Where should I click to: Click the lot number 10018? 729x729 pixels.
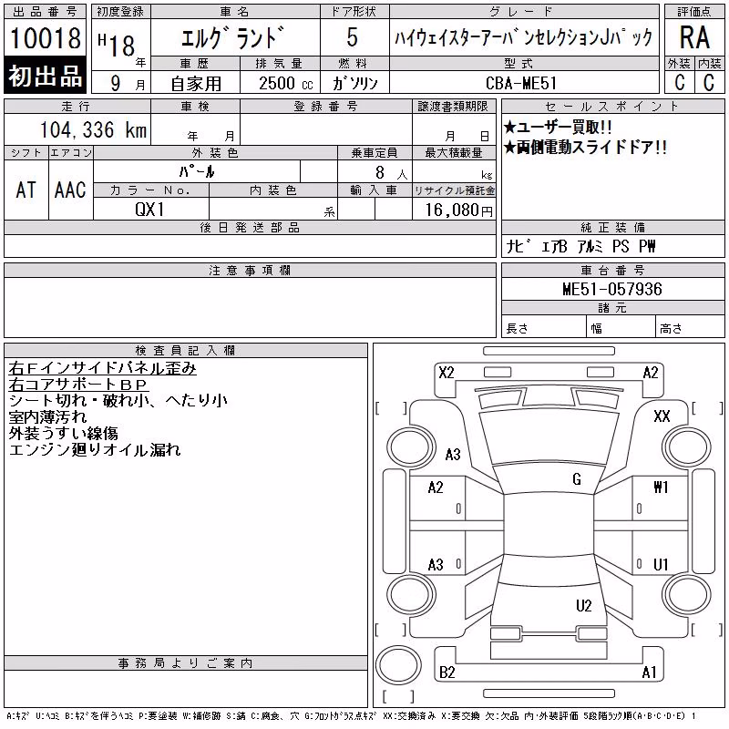coord(46,38)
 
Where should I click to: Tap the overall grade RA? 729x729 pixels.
coord(694,37)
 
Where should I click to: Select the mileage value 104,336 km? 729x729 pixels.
coord(93,129)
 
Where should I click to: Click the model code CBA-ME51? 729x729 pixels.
coord(520,83)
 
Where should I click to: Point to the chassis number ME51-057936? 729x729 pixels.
coord(611,289)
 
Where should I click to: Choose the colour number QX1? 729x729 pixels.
coord(149,210)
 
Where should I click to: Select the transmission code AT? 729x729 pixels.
coord(26,190)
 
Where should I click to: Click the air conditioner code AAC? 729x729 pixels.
coord(70,190)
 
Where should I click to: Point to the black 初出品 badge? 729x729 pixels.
coord(45,76)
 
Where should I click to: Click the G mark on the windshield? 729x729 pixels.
coord(577,479)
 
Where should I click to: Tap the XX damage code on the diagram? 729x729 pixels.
coord(662,416)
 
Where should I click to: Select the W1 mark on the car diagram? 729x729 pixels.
coord(661,487)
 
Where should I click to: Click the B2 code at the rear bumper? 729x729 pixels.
coord(447,673)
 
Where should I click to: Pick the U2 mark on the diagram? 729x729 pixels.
coord(583,605)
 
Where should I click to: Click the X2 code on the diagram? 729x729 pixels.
coord(447,373)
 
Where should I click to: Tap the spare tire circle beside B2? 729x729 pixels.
coord(398,666)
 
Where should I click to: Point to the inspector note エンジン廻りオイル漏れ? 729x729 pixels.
coord(95,449)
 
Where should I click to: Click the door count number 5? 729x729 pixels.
coord(353,37)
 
